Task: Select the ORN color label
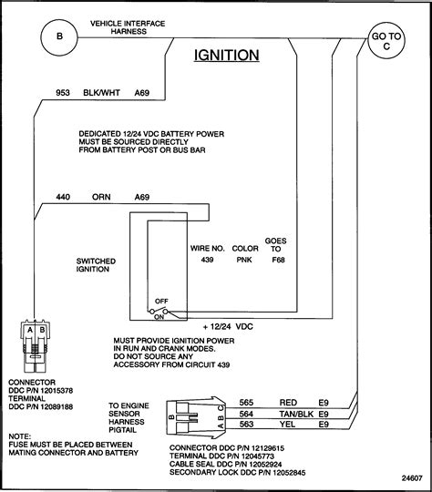[x=100, y=195]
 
